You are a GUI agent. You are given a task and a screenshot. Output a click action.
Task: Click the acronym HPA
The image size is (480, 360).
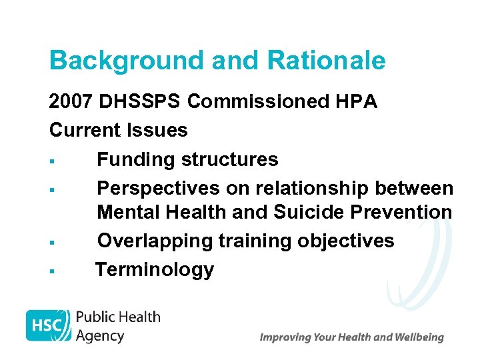tap(358, 102)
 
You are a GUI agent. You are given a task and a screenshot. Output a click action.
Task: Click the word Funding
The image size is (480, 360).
tap(136, 159)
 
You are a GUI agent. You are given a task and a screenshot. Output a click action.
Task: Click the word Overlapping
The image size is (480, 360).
tap(155, 241)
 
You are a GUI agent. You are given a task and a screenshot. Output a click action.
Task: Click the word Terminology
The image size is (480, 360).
tap(155, 270)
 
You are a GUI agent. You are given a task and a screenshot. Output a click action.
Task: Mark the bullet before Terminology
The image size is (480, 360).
tap(51, 271)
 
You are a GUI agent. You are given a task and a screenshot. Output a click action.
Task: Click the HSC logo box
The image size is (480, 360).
tap(48, 325)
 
